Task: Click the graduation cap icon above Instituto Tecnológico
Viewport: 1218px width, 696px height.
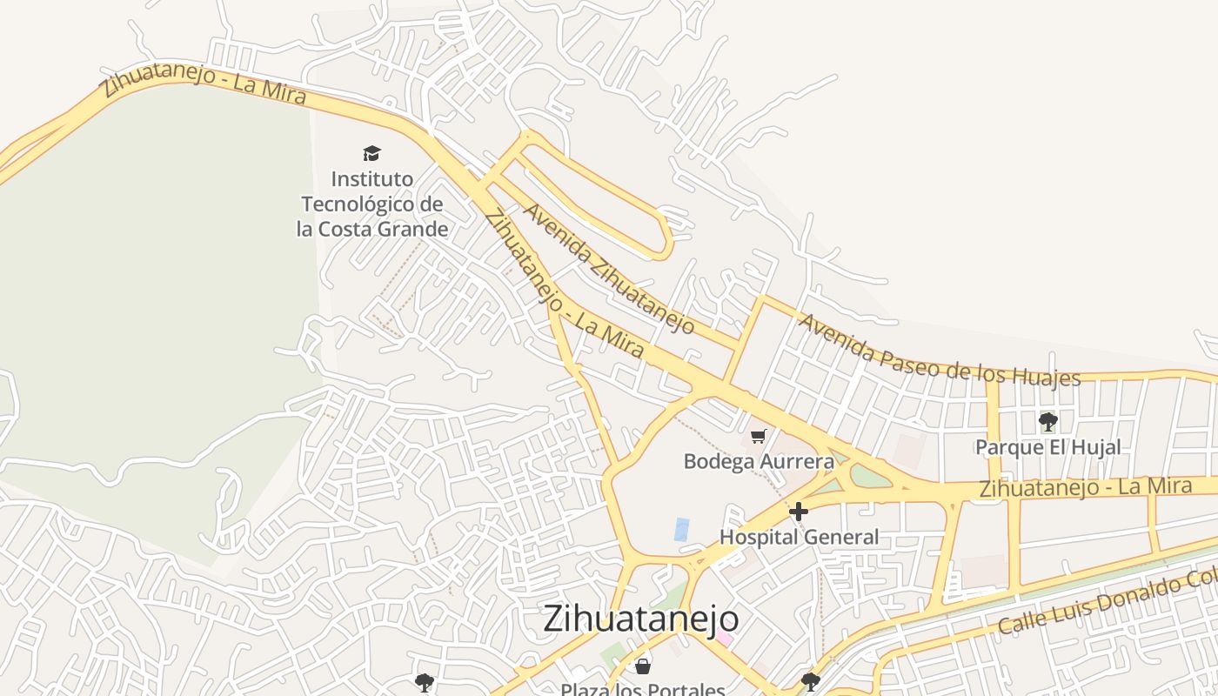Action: (372, 154)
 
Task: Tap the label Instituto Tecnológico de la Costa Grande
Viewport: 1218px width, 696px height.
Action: (372, 204)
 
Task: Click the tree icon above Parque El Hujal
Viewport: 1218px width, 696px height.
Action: (1047, 423)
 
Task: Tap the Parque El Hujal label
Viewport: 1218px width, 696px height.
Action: (1047, 448)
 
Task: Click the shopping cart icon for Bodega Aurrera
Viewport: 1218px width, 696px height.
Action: (759, 436)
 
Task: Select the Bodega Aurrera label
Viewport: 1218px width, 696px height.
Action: (759, 461)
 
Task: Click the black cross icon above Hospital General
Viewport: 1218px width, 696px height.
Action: (799, 512)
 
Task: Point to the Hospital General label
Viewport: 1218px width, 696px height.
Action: (799, 537)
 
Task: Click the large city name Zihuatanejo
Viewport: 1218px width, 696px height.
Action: (641, 619)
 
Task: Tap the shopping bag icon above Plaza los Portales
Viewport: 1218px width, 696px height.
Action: (643, 666)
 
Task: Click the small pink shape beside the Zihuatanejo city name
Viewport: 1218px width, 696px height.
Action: (724, 639)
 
